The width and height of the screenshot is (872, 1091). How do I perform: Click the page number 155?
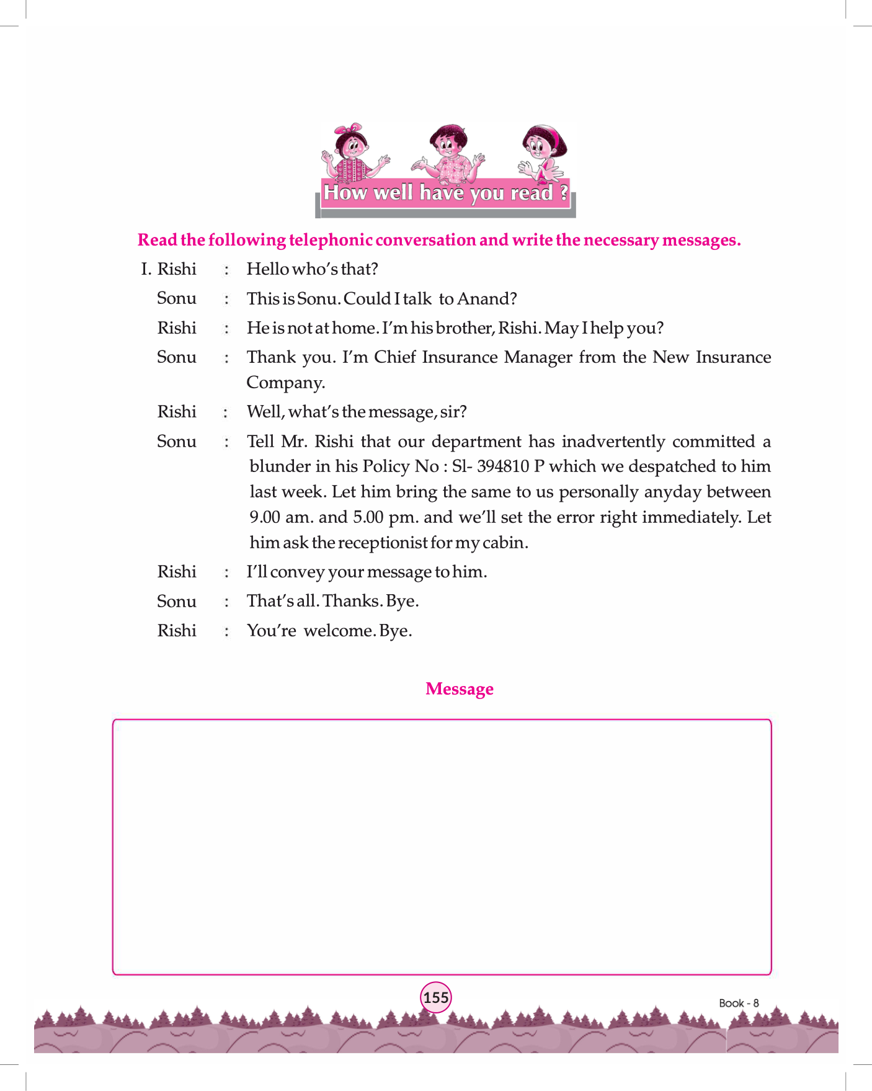coord(436,997)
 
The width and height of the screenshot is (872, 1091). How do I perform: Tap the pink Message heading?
coord(459,689)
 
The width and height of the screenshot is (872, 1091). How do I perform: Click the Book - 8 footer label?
coord(739,1003)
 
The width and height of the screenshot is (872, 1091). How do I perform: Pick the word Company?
coord(285,383)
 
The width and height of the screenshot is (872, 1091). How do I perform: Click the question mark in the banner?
coord(563,193)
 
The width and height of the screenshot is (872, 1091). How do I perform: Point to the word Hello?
coord(267,269)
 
